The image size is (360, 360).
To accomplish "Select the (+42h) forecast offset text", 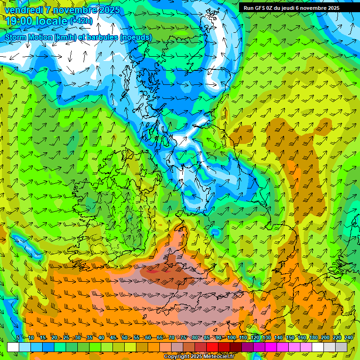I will [82, 21].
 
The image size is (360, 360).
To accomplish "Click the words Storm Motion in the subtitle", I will [28, 37].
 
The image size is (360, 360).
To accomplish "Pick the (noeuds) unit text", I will [136, 37].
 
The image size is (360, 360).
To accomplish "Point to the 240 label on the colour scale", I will [348, 337].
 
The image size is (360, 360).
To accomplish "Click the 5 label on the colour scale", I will [18, 337].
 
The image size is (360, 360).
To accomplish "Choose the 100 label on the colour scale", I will [231, 337].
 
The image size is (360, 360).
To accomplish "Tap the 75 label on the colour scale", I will [183, 337].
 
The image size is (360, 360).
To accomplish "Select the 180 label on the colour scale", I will [313, 337].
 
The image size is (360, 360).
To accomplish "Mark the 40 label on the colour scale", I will [101, 337].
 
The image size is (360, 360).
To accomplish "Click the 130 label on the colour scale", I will [266, 337].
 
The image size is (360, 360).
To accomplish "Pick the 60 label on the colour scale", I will [148, 337].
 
